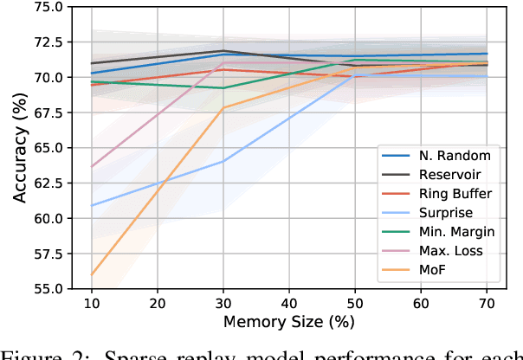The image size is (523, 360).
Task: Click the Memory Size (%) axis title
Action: (289, 322)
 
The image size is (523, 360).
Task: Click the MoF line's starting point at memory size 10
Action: (91, 274)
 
